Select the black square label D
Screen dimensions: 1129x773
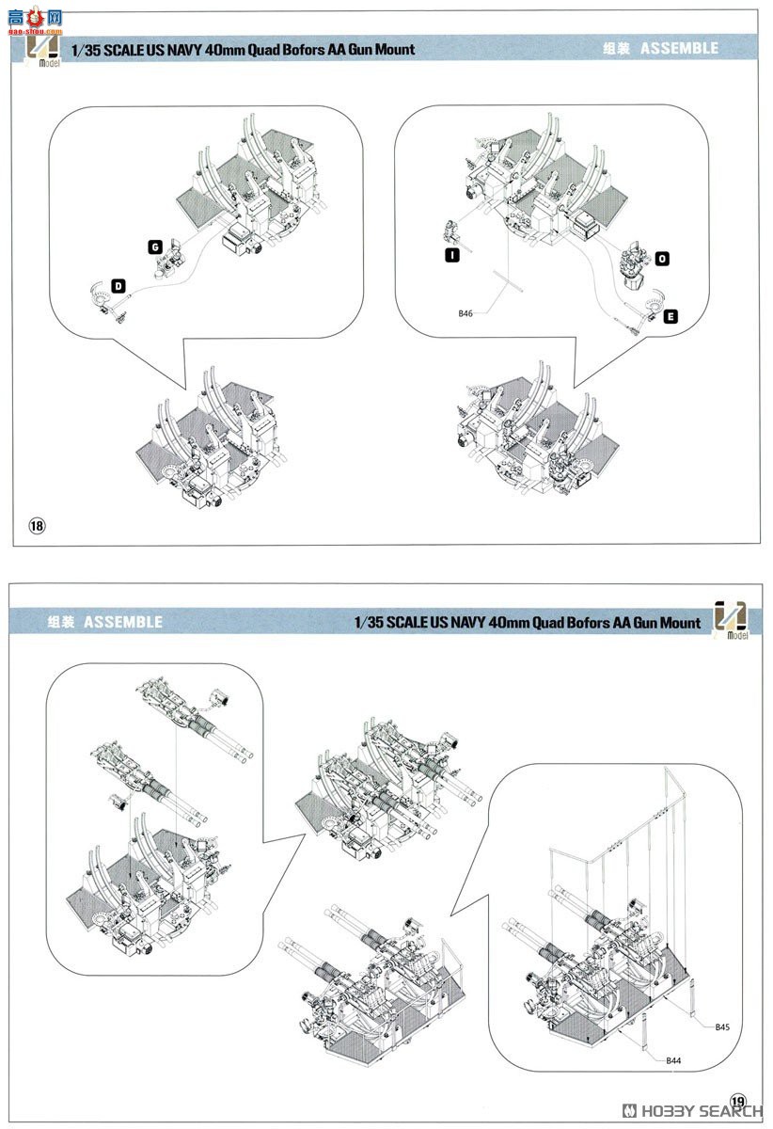click(118, 285)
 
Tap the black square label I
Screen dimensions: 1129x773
click(451, 255)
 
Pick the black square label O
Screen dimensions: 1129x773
click(662, 258)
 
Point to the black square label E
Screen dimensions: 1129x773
click(669, 317)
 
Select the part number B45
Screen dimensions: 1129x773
click(721, 1027)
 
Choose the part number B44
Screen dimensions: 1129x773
click(672, 1060)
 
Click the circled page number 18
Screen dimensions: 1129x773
click(37, 525)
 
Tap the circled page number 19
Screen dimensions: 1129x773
click(737, 1102)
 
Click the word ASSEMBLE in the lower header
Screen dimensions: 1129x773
click(122, 622)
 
